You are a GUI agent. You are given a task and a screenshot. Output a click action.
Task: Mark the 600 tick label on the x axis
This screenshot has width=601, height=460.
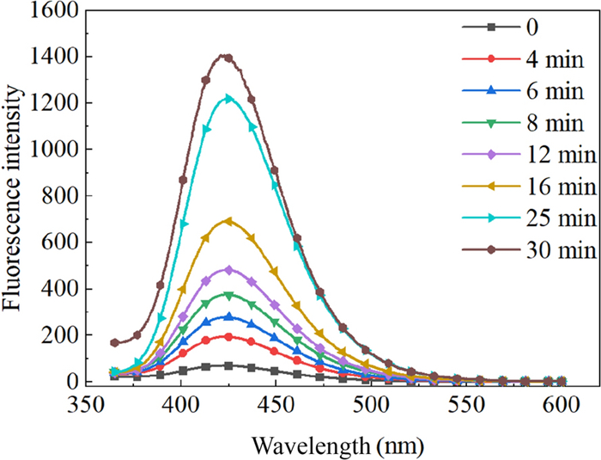click(x=562, y=404)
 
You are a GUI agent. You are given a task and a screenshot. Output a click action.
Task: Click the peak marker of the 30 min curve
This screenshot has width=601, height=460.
click(x=228, y=58)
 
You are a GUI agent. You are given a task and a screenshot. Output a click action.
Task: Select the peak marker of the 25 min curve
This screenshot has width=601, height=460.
click(x=228, y=99)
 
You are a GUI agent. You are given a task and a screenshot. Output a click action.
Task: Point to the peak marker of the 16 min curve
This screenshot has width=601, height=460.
click(x=228, y=221)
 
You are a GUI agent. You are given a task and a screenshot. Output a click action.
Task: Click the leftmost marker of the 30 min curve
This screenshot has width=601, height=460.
click(x=115, y=343)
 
